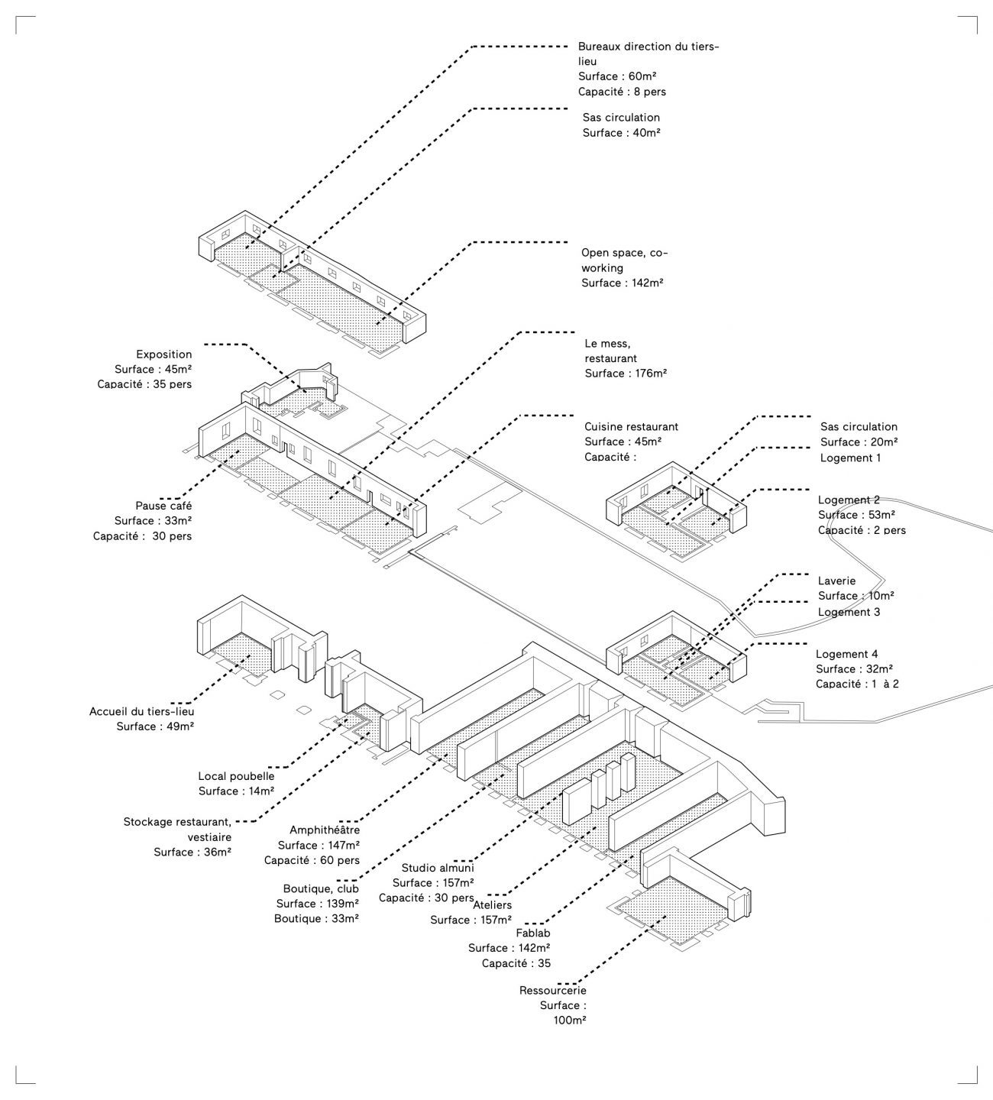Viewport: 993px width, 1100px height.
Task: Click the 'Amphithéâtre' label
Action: point(324,830)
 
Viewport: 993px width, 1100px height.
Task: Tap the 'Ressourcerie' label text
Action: point(552,991)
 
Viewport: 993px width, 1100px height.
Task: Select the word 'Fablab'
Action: point(533,933)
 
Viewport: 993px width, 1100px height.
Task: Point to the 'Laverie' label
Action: point(836,581)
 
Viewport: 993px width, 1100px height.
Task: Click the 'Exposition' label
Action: point(164,354)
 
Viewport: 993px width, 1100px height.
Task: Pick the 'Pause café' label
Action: point(163,506)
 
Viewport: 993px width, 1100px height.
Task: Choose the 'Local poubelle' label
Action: point(236,776)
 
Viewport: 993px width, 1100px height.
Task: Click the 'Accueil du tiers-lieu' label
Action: point(142,711)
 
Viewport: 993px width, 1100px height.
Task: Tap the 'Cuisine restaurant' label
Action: point(631,427)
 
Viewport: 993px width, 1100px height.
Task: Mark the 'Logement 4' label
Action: point(847,654)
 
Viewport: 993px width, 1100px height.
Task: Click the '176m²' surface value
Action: point(649,374)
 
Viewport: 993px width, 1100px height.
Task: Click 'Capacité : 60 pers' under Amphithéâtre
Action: point(312,860)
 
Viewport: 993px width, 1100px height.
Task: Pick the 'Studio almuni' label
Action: point(438,868)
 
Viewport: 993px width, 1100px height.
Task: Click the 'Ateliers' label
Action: point(493,905)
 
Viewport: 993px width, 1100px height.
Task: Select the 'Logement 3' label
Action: point(849,612)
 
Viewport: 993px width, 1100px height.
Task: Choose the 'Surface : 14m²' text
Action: point(236,791)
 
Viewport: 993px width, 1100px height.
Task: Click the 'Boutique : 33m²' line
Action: point(316,919)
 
